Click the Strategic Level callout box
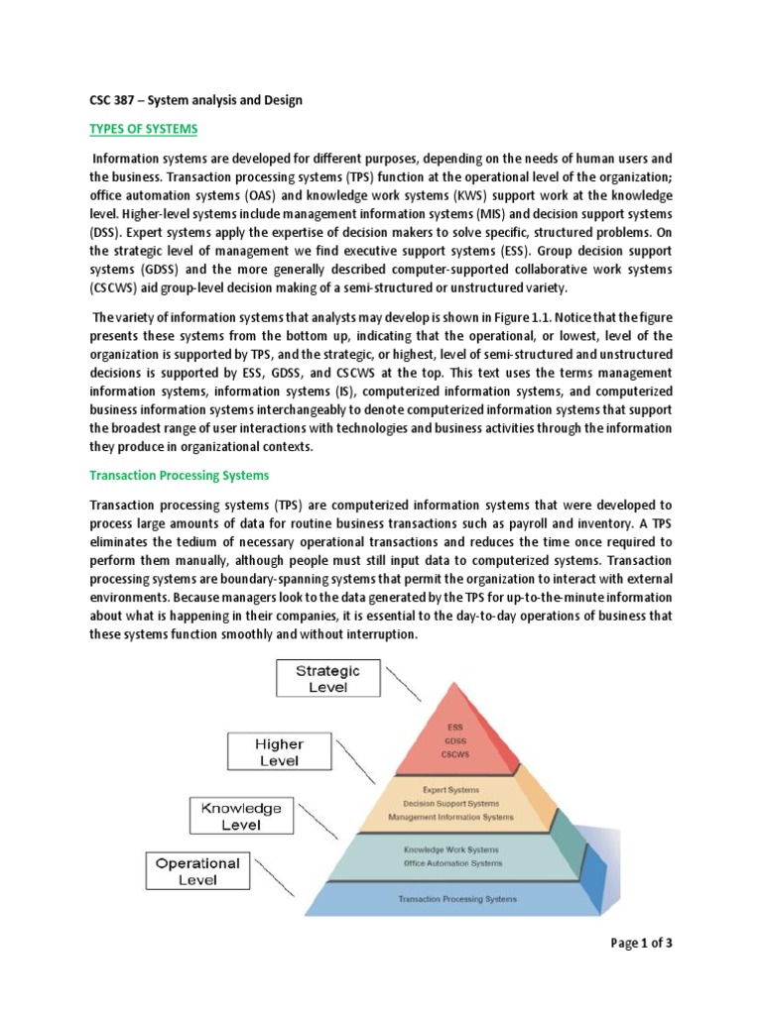[328, 679]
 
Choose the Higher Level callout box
[281, 752]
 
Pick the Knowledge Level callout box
[241, 816]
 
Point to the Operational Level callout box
[197, 871]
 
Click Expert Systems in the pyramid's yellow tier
[451, 790]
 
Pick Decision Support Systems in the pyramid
[451, 803]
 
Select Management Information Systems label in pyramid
[451, 817]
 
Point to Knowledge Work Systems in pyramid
[451, 849]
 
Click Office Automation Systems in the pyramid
[451, 862]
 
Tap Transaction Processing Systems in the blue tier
[456, 899]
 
